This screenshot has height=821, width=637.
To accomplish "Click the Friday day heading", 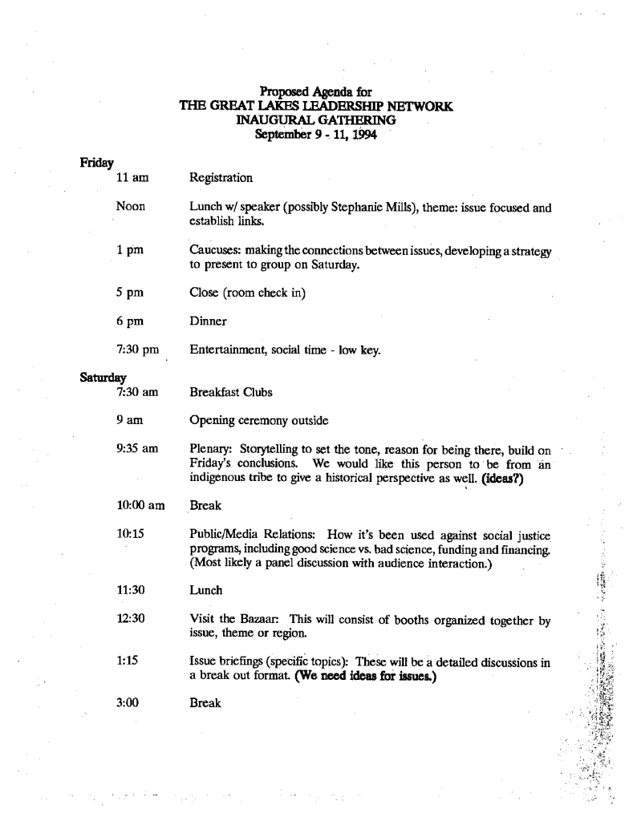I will (95, 164).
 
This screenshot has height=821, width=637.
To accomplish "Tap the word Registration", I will (221, 178).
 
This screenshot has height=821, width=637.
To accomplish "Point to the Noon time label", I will (131, 208).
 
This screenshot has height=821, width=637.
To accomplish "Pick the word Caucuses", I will (214, 252).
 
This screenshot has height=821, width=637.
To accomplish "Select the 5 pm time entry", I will (130, 293).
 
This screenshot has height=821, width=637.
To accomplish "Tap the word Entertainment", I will (227, 350).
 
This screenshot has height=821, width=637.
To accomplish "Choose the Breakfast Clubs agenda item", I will (230, 392).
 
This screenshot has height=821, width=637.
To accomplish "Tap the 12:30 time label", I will (131, 619).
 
